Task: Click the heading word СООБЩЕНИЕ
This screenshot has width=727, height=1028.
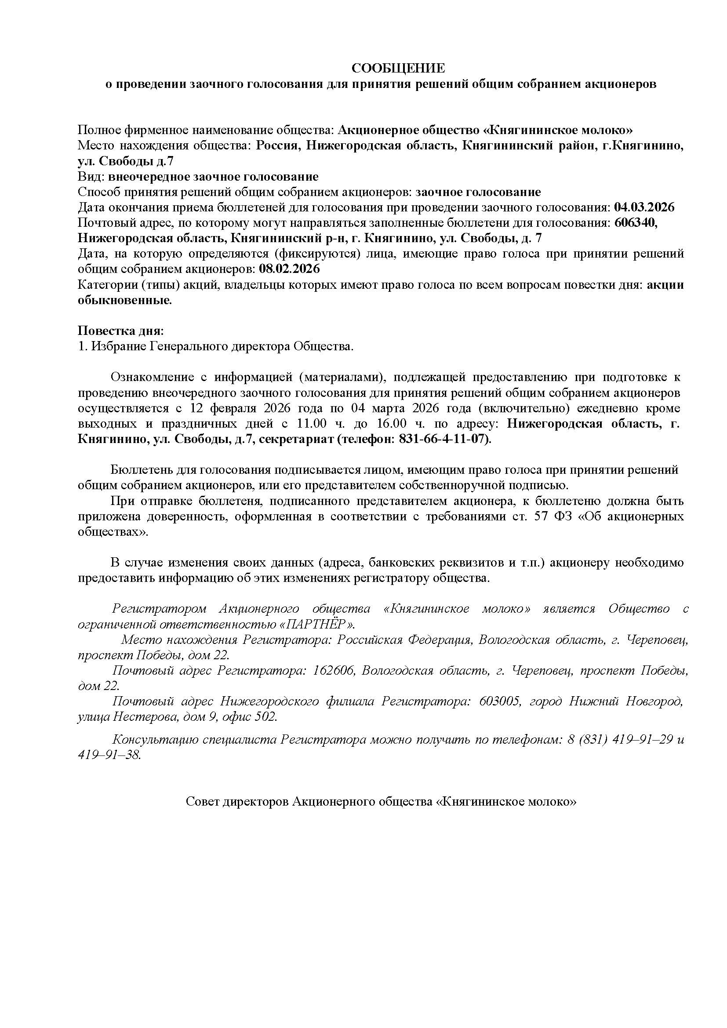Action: point(398,69)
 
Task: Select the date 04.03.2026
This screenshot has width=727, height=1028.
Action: point(644,207)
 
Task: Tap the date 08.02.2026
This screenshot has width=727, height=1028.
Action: point(290,269)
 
